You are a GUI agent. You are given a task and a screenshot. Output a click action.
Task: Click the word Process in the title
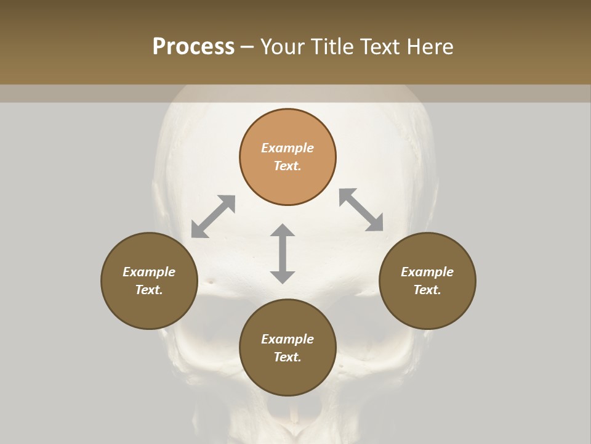click(x=193, y=47)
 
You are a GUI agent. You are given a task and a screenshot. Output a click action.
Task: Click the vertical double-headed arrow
click(x=283, y=253)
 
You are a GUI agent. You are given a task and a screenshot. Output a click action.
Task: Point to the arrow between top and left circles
click(x=213, y=216)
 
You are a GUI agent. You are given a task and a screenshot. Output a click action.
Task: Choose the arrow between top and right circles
click(x=361, y=210)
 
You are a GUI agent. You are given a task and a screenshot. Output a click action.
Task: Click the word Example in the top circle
click(x=287, y=148)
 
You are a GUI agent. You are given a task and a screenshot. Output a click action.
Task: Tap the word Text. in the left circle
click(x=149, y=290)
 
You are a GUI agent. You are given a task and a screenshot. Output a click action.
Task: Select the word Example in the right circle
click(x=427, y=272)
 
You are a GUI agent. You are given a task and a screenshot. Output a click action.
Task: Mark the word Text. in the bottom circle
click(x=287, y=357)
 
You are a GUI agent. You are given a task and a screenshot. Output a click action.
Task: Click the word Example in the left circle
click(x=149, y=272)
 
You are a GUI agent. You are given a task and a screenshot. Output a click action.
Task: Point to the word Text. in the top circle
click(x=287, y=166)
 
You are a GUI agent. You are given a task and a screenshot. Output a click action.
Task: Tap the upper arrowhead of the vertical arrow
click(x=283, y=231)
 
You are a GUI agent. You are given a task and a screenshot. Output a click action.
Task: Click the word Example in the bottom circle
click(x=287, y=339)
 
